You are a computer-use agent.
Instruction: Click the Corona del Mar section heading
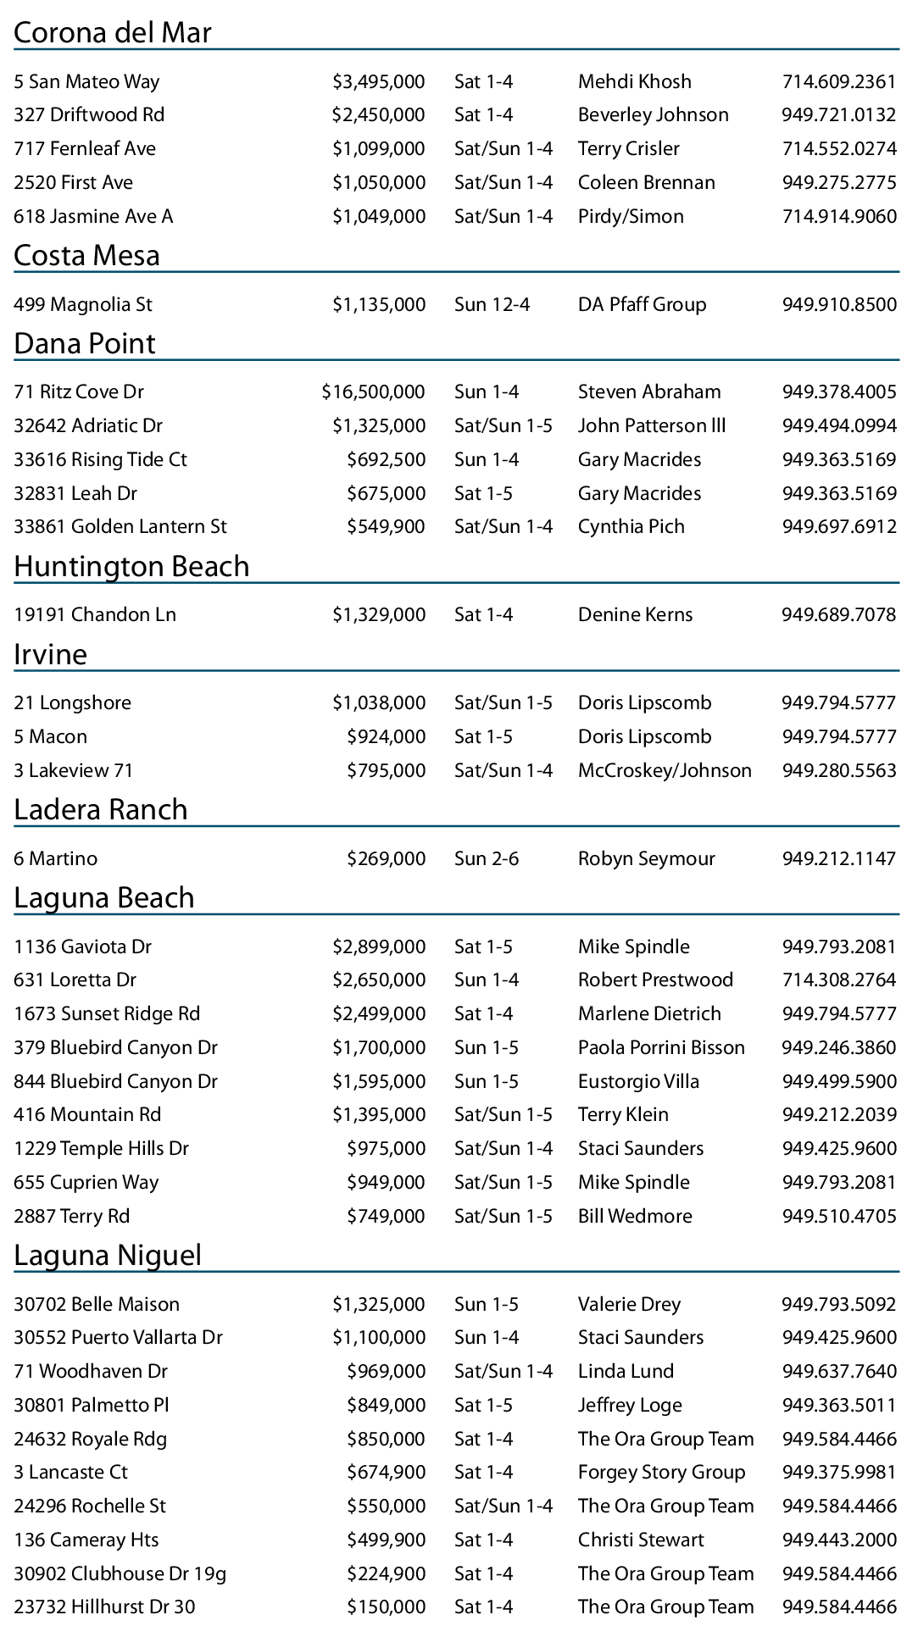(x=113, y=32)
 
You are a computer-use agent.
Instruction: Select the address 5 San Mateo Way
(x=86, y=82)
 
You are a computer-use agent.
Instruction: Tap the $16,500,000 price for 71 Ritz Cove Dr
(x=373, y=392)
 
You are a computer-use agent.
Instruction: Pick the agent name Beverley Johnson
(x=653, y=115)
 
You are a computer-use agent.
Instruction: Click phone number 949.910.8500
(x=838, y=305)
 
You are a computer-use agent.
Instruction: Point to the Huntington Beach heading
(x=131, y=566)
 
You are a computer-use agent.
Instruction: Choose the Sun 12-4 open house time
(x=492, y=305)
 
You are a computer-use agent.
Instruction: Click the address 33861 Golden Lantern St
(x=120, y=527)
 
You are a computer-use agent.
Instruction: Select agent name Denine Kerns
(x=635, y=615)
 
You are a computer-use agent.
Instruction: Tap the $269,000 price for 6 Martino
(x=386, y=859)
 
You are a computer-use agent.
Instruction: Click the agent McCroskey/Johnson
(x=665, y=771)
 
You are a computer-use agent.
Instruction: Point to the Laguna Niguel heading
(x=108, y=1255)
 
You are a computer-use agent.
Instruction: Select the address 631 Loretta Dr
(x=75, y=980)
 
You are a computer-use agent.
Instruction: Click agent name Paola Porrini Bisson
(x=661, y=1048)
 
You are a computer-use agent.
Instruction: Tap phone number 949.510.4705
(x=838, y=1217)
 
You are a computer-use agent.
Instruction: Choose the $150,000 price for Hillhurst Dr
(x=386, y=1606)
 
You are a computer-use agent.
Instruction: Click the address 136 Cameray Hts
(x=86, y=1540)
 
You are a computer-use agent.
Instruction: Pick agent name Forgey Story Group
(x=661, y=1472)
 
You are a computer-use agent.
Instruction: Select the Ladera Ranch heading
(x=101, y=810)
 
